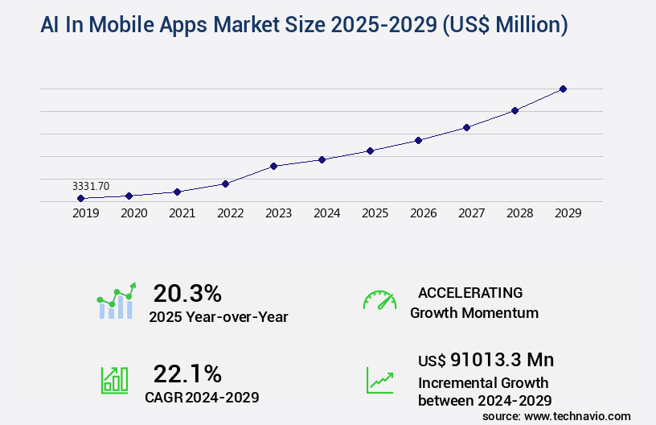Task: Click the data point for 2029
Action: click(563, 89)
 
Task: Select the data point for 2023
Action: click(273, 166)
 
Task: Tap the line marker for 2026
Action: click(418, 140)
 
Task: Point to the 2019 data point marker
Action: click(80, 198)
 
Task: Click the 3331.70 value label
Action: click(91, 186)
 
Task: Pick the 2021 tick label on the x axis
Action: click(182, 213)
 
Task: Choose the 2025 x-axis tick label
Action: click(375, 213)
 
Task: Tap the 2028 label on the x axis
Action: click(519, 213)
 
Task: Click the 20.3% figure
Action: click(187, 292)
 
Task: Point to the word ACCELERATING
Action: click(470, 292)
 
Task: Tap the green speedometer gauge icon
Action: click(379, 300)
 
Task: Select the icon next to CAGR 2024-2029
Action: click(114, 380)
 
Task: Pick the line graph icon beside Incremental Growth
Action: click(379, 380)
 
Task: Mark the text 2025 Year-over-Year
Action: click(218, 317)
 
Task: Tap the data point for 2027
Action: click(466, 127)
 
